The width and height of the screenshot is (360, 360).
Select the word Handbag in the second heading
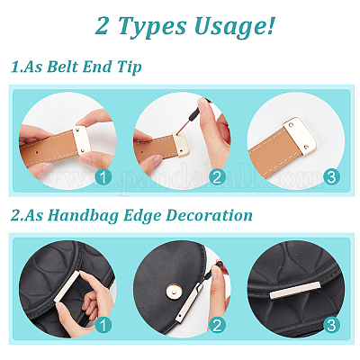[83, 216]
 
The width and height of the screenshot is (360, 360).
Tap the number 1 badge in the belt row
[103, 177]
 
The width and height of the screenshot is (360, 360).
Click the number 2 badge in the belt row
[217, 177]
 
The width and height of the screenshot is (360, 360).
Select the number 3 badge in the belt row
[331, 177]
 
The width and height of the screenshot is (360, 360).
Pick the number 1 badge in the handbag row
[103, 326]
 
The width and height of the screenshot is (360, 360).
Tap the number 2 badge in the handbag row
[217, 326]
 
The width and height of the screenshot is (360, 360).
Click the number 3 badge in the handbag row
[331, 326]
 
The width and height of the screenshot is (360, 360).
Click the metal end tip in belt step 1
[82, 140]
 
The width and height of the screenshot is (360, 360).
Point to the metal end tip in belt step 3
[300, 137]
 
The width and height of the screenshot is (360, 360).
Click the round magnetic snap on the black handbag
[172, 290]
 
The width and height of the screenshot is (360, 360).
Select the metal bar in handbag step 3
[295, 291]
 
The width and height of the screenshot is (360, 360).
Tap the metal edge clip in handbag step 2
[188, 303]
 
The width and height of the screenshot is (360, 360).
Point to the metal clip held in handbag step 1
[67, 286]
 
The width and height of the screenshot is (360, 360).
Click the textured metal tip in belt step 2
[181, 144]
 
